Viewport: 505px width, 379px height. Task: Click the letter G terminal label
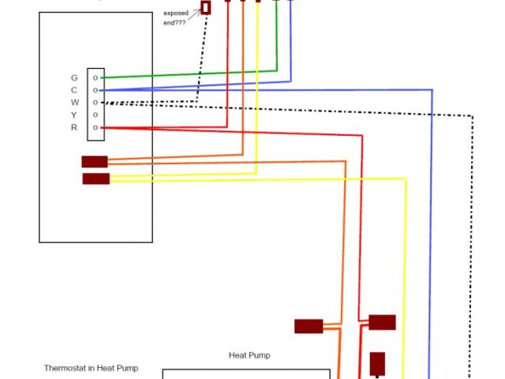74,78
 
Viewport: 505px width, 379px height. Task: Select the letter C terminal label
74,90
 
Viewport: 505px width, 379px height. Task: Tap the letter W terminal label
74,103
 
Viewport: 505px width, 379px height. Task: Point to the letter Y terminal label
74,115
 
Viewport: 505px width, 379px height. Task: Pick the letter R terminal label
74,127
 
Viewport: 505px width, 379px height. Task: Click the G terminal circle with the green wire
95,78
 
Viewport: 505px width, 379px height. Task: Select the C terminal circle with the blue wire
95,90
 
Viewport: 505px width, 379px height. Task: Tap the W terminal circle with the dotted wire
95,103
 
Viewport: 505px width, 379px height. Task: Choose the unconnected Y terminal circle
95,115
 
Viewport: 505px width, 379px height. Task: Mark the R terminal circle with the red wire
95,127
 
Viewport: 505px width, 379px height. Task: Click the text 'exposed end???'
176,18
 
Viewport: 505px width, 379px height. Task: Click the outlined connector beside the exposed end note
206,7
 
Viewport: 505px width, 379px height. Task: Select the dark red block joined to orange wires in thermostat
95,162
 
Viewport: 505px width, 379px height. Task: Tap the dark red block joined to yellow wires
96,178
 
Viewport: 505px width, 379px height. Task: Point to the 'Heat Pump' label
249,355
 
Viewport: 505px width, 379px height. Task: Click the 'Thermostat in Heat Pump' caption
96,368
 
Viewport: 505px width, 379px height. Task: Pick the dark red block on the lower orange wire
309,326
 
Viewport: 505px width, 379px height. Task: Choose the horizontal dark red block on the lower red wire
382,322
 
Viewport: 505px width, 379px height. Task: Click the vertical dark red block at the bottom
377,364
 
